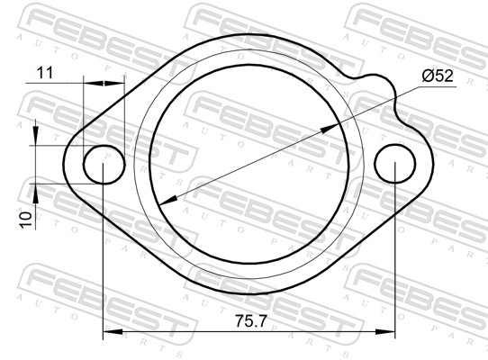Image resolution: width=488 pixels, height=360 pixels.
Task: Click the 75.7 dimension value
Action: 251,320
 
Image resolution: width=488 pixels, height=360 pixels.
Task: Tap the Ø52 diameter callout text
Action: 438,76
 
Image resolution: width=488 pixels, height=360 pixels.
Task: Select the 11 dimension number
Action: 45,73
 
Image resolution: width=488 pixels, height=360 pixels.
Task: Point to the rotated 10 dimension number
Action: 26,220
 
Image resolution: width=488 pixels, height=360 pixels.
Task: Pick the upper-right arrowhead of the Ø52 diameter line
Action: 330,128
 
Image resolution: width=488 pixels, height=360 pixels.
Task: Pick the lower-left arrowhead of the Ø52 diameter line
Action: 168,201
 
